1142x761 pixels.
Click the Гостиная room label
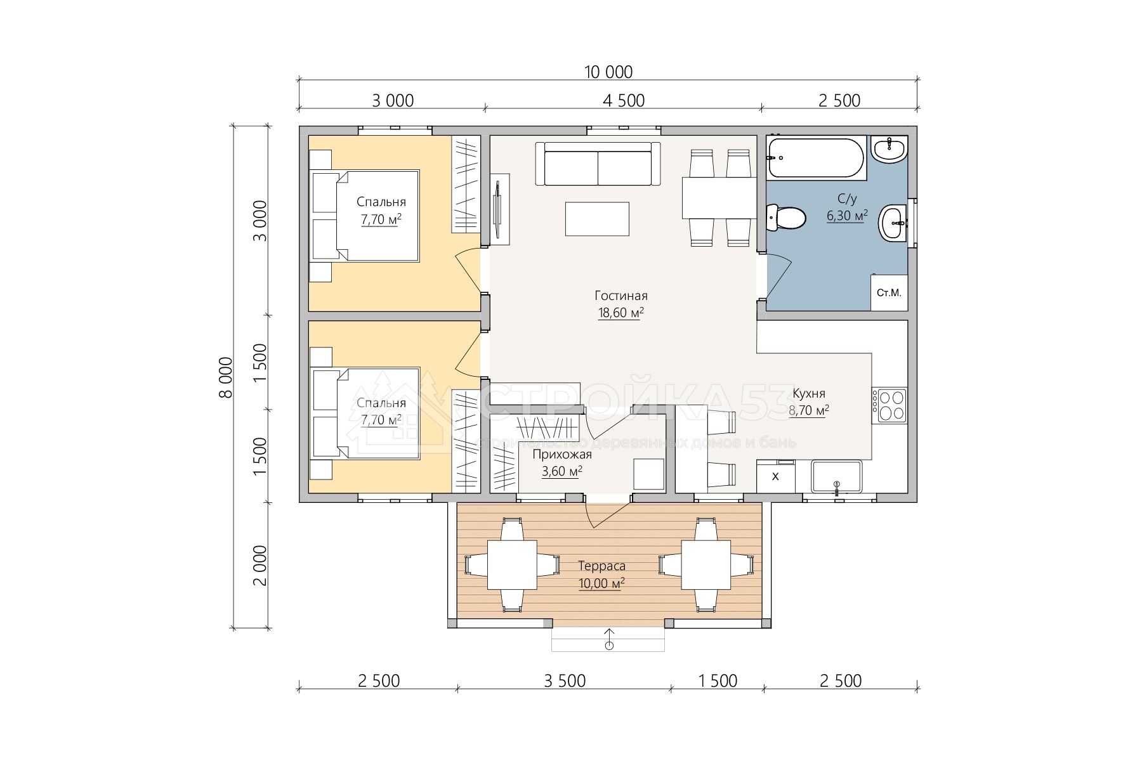coord(621,296)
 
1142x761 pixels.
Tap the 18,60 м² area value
coord(621,313)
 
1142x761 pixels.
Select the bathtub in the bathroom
coord(815,158)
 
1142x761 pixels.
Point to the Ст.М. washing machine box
coord(889,292)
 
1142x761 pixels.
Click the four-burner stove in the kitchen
coord(889,405)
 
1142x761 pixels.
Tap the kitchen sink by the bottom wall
coord(836,477)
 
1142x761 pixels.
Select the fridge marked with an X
coord(775,477)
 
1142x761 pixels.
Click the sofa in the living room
coord(598,164)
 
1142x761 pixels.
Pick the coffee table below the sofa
coord(597,219)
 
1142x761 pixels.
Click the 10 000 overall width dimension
coord(608,72)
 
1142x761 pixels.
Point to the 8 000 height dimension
coord(225,377)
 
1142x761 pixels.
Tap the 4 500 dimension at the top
coord(624,101)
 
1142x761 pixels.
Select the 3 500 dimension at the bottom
coord(565,681)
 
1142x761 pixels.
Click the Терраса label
coord(601,566)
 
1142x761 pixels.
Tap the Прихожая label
coord(561,454)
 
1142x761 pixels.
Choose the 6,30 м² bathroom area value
coord(847,216)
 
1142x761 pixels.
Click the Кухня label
coord(809,393)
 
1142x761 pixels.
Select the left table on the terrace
coord(512,564)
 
